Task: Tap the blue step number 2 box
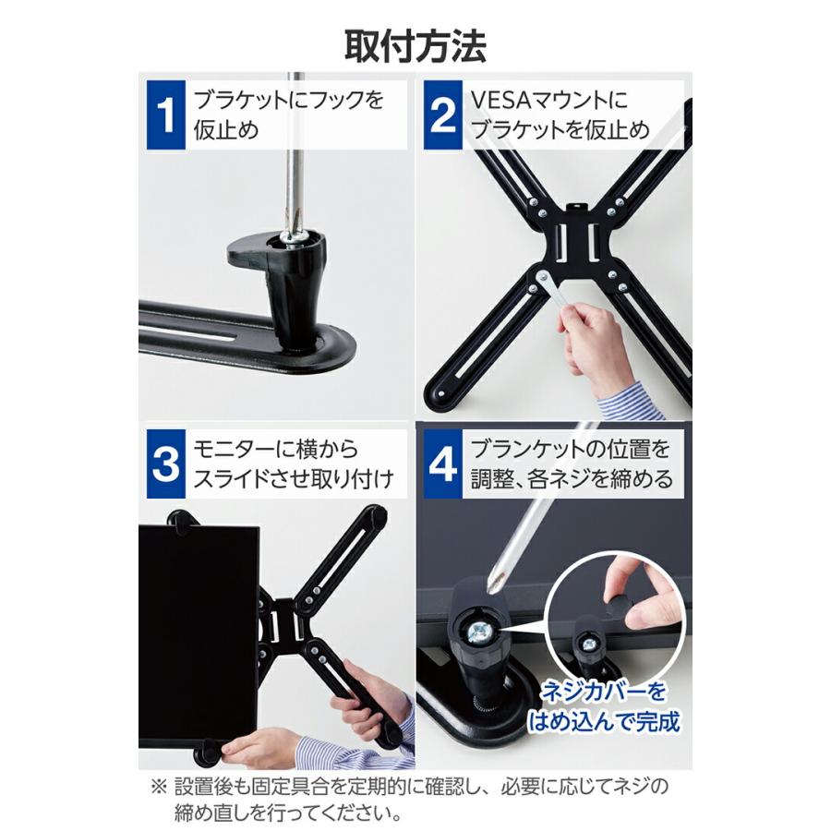[442, 115]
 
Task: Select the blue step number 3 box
[164, 464]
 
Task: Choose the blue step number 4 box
[442, 464]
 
